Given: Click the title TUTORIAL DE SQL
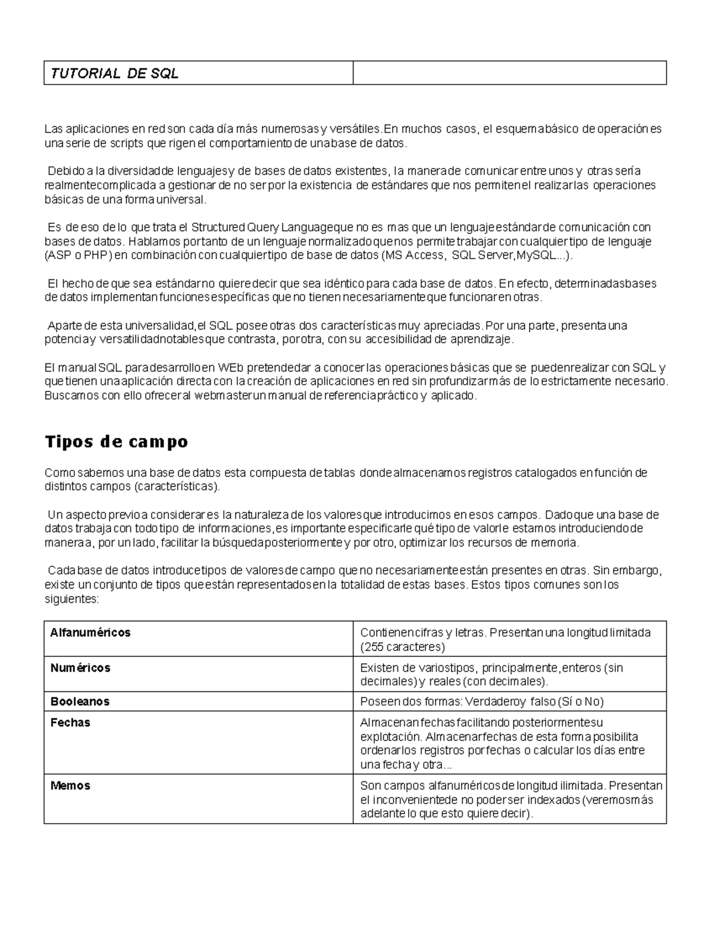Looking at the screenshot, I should [115, 73].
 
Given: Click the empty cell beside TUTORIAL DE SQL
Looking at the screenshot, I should [509, 73].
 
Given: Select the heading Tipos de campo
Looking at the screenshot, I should [117, 441].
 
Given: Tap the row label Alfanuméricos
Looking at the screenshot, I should [90, 633].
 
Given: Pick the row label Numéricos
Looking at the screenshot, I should [80, 668].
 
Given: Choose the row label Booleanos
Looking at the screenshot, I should [80, 702].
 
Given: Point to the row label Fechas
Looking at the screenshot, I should [70, 722].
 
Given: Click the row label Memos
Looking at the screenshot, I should [70, 786].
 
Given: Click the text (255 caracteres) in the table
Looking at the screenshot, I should [403, 647].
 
